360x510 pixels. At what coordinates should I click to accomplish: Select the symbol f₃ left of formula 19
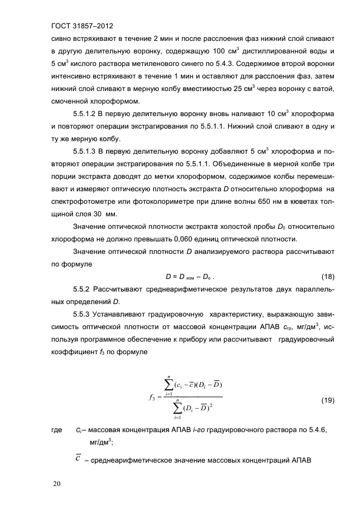tap(152, 397)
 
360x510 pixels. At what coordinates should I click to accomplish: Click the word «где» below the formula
tap(56, 431)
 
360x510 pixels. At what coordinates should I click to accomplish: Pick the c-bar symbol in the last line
tap(78, 459)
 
